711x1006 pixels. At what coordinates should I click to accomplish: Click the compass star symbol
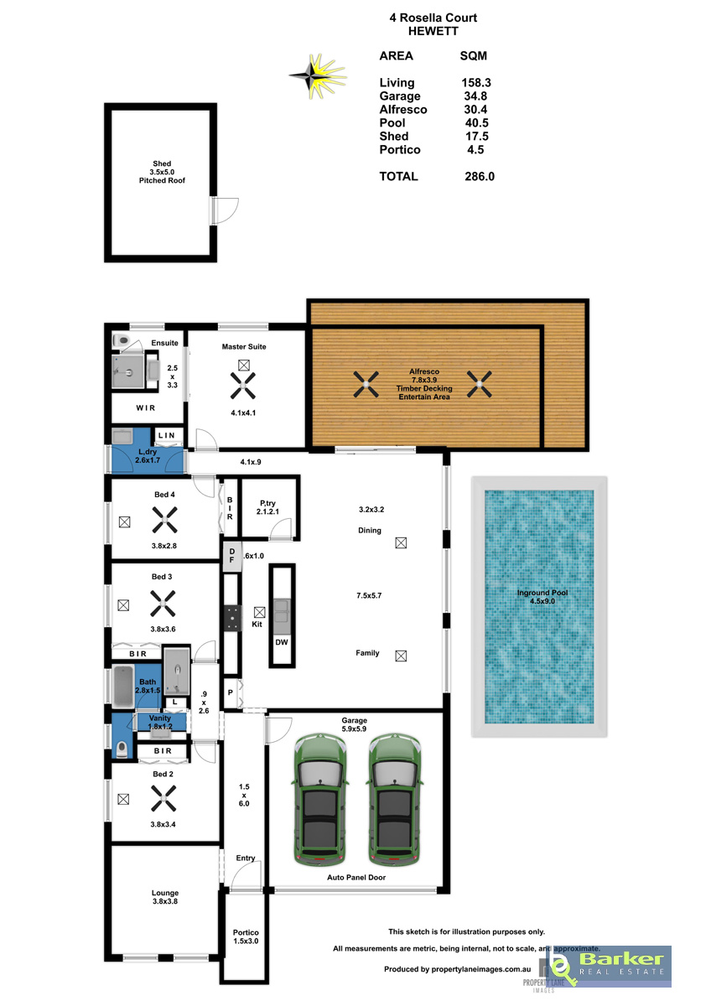coord(317,76)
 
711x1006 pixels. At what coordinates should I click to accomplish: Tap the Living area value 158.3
coord(476,83)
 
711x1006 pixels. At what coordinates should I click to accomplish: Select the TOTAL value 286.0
coord(480,177)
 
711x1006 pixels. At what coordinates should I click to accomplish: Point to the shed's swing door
coord(226,210)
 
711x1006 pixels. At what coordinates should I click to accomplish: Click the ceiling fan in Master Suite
coord(243,386)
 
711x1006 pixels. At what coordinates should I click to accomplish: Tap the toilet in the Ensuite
coord(121,340)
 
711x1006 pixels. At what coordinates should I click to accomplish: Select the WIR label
coord(146,407)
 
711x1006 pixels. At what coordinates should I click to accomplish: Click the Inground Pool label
coord(542,597)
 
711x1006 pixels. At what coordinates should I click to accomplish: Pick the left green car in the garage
coord(319,800)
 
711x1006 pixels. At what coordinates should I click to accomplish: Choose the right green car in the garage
coord(395,800)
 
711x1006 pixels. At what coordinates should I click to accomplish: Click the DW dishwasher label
coord(282,642)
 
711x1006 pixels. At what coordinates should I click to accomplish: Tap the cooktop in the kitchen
coord(232,619)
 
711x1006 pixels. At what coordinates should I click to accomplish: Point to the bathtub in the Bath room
coord(123,687)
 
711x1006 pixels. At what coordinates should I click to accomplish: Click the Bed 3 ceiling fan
coord(163,603)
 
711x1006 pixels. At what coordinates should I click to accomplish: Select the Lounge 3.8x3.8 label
coord(165,897)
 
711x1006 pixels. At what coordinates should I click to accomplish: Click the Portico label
coord(246,933)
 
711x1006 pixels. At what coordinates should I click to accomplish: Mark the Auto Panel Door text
coord(356,877)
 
